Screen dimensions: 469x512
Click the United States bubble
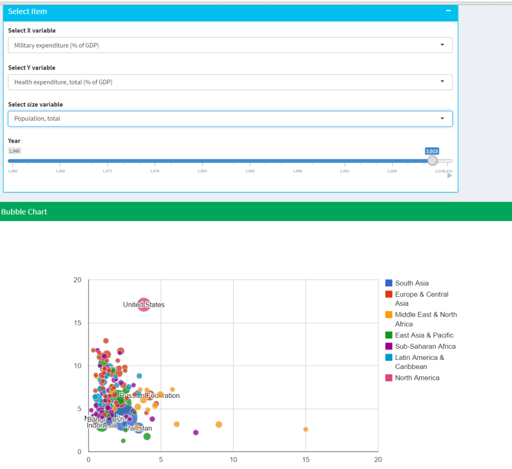[143, 304]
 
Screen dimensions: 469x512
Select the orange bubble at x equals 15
[305, 429]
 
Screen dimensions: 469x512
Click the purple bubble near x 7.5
[196, 432]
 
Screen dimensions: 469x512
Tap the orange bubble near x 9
[219, 424]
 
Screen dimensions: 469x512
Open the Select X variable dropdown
[230, 45]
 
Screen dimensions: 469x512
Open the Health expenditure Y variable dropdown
[230, 82]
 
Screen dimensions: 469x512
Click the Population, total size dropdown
[230, 119]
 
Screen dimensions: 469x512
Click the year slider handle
[432, 160]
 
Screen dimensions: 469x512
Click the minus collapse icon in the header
[448, 11]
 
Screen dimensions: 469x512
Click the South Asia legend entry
[411, 283]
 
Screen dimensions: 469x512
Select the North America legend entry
[417, 378]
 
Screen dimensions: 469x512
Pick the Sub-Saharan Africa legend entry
[425, 346]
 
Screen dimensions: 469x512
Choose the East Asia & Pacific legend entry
[424, 335]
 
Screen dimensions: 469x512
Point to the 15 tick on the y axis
[77, 323]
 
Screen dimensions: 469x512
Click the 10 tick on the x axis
[233, 460]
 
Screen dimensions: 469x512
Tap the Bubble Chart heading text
[24, 212]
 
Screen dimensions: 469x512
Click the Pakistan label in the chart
[139, 428]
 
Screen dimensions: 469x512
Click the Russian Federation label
[149, 395]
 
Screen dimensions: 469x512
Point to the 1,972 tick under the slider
[107, 171]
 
